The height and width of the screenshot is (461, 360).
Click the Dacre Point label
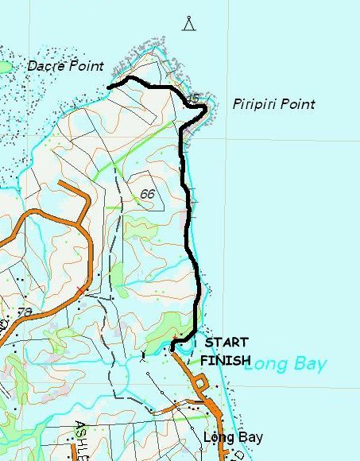(65, 67)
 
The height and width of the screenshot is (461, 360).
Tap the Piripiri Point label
(274, 104)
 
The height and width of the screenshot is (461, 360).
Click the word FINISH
(225, 360)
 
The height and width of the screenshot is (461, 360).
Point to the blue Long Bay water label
(285, 365)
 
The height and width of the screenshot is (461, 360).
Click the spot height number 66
(146, 194)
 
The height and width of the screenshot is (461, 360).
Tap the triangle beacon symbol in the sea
(189, 23)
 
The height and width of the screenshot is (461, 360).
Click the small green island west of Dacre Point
(4, 68)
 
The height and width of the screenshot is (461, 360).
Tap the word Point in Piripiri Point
(298, 104)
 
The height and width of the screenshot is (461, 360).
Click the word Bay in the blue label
(309, 365)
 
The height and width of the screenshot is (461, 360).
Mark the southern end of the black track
(172, 350)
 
